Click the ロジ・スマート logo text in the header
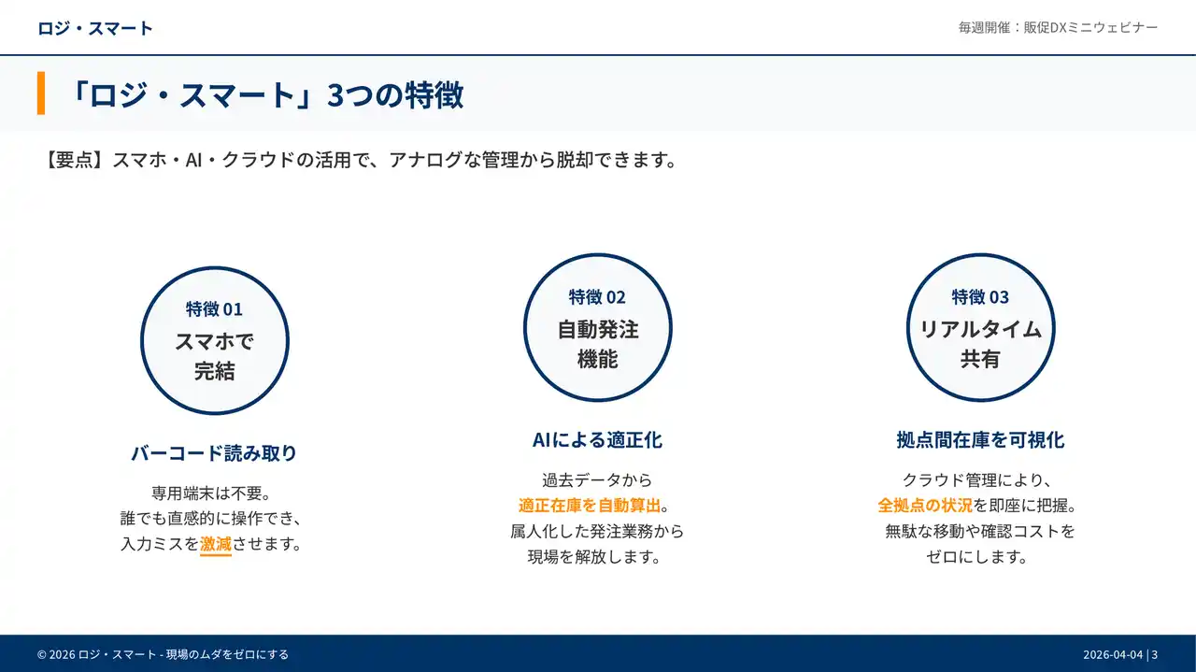pyautogui.click(x=95, y=28)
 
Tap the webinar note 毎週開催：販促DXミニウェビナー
pyautogui.click(x=1058, y=28)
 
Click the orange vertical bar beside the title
pyautogui.click(x=40, y=93)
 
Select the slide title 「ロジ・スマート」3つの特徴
pyautogui.click(x=265, y=94)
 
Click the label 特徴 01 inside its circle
pyautogui.click(x=214, y=308)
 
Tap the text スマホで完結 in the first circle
pyautogui.click(x=214, y=356)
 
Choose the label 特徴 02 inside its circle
pyautogui.click(x=597, y=296)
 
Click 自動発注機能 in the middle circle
pyautogui.click(x=597, y=344)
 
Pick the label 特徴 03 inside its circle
pyautogui.click(x=980, y=296)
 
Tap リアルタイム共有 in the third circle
pyautogui.click(x=980, y=344)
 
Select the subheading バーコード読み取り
pyautogui.click(x=214, y=452)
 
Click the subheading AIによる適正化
pyautogui.click(x=597, y=439)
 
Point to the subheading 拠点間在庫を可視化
pyautogui.click(x=980, y=439)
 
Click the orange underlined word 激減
pyautogui.click(x=216, y=544)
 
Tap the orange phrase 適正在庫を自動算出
pyautogui.click(x=590, y=505)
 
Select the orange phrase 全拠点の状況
pyautogui.click(x=925, y=505)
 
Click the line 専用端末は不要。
pyautogui.click(x=211, y=493)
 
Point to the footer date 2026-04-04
pyautogui.click(x=1113, y=654)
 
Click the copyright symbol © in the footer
pyautogui.click(x=42, y=654)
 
